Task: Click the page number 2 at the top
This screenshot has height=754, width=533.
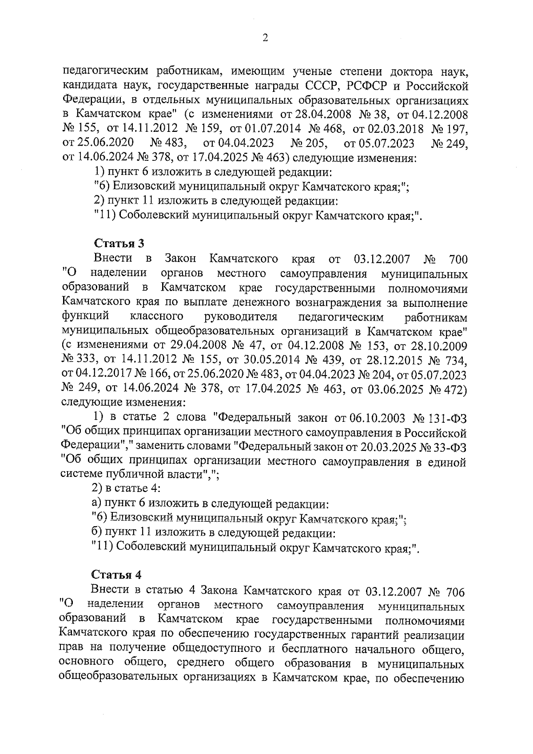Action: click(x=265, y=38)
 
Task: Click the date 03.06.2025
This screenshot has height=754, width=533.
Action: click(x=392, y=389)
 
